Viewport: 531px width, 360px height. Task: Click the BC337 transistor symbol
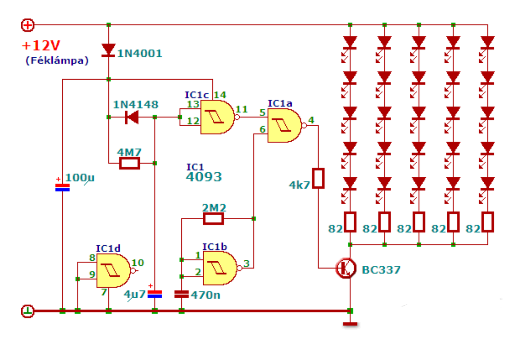pyautogui.click(x=346, y=268)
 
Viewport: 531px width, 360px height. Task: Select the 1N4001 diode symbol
pyautogui.click(x=109, y=50)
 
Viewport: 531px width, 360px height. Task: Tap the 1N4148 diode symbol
pyautogui.click(x=132, y=117)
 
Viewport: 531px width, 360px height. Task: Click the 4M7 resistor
pyautogui.click(x=129, y=163)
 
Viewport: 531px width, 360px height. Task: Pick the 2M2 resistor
pyautogui.click(x=213, y=218)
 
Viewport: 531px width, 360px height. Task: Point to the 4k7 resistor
pyautogui.click(x=318, y=179)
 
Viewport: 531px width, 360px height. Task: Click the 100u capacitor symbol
pyautogui.click(x=62, y=188)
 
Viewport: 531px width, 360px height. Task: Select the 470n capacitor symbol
pyautogui.click(x=182, y=294)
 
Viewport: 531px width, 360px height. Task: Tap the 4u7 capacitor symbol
pyautogui.click(x=155, y=294)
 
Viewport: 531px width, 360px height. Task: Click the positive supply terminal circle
pyautogui.click(x=28, y=25)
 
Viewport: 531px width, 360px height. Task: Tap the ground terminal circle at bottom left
pyautogui.click(x=28, y=311)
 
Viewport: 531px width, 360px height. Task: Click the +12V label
pyautogui.click(x=41, y=46)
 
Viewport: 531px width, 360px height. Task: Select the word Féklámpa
pyautogui.click(x=57, y=61)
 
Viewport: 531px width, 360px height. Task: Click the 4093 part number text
pyautogui.click(x=204, y=177)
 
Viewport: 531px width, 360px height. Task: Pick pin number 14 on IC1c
pyautogui.click(x=220, y=95)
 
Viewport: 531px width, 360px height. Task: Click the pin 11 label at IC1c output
pyautogui.click(x=241, y=109)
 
